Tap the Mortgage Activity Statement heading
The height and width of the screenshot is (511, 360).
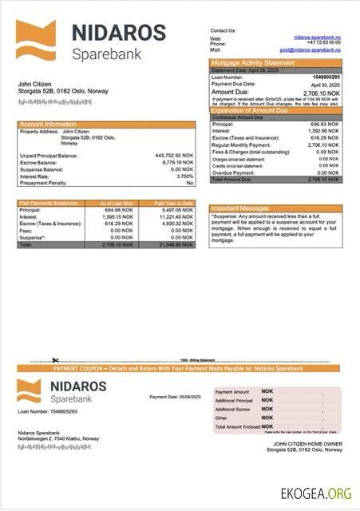pyautogui.click(x=251, y=62)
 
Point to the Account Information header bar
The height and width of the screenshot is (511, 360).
pyautogui.click(x=106, y=125)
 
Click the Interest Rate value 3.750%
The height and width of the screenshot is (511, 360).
pyautogui.click(x=184, y=175)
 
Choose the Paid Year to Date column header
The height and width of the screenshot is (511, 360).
pyautogui.click(x=175, y=204)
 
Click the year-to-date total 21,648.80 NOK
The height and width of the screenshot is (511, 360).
pyautogui.click(x=175, y=244)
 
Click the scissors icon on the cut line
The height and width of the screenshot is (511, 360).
pyautogui.click(x=56, y=362)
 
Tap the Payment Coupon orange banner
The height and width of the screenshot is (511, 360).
pyautogui.click(x=178, y=368)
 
